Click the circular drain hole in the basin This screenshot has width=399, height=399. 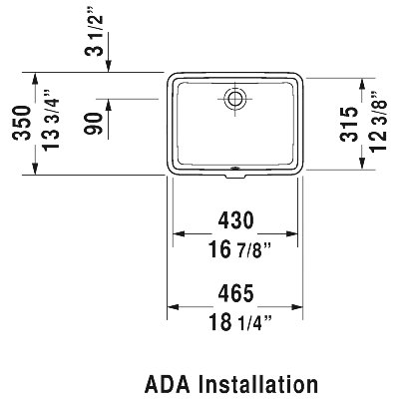[235, 98]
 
